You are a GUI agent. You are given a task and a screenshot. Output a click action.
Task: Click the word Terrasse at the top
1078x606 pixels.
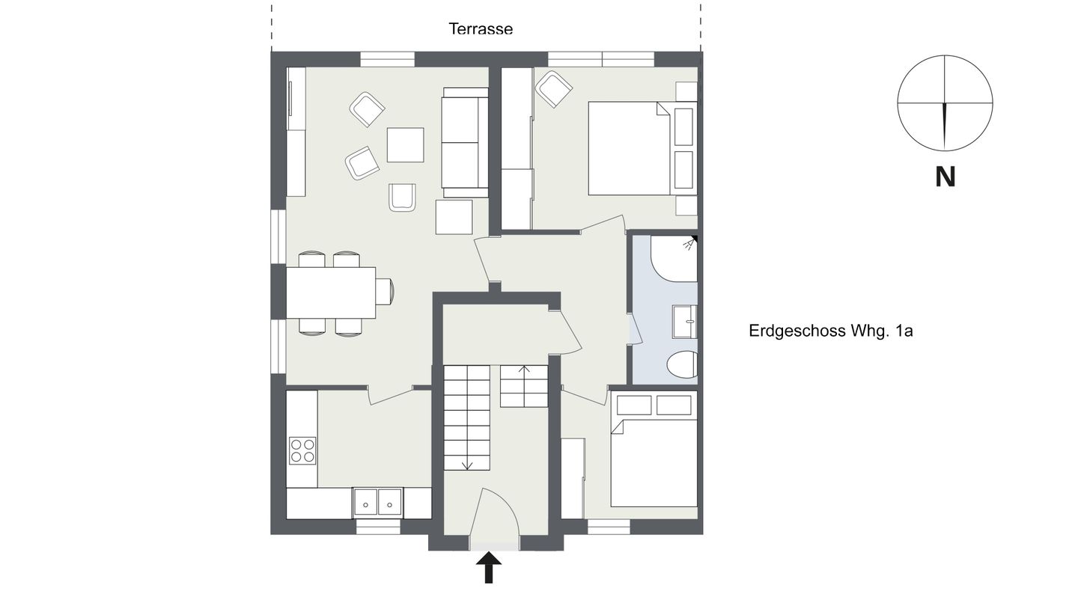(481, 29)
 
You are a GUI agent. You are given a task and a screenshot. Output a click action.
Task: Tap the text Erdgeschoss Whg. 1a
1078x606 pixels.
(831, 331)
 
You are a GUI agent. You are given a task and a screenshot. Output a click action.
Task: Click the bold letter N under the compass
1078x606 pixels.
(945, 177)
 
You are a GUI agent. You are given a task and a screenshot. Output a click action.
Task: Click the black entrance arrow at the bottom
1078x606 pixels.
(489, 567)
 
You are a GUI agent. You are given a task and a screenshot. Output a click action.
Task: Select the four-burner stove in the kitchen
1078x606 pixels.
(302, 450)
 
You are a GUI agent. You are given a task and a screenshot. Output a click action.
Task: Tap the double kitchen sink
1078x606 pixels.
(378, 502)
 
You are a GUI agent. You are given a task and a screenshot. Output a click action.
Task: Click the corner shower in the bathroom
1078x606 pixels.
(674, 258)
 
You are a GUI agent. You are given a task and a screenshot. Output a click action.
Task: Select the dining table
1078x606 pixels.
(331, 293)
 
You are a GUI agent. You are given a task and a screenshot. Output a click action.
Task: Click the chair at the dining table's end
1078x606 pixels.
(385, 292)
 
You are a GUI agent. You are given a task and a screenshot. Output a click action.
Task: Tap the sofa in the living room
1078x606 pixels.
(465, 142)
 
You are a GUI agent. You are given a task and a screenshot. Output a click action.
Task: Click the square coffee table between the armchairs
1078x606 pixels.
(405, 145)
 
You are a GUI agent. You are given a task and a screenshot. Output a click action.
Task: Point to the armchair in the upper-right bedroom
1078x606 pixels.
(554, 89)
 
